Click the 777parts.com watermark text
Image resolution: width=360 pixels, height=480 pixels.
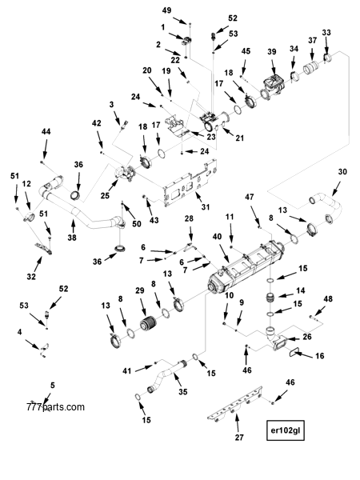(54, 407)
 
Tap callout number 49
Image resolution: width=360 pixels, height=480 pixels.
(166, 10)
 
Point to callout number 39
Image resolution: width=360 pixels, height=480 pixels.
(272, 52)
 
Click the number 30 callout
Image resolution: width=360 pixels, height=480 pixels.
(342, 172)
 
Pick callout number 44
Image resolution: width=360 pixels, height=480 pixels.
(46, 131)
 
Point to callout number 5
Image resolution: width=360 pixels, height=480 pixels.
(53, 386)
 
